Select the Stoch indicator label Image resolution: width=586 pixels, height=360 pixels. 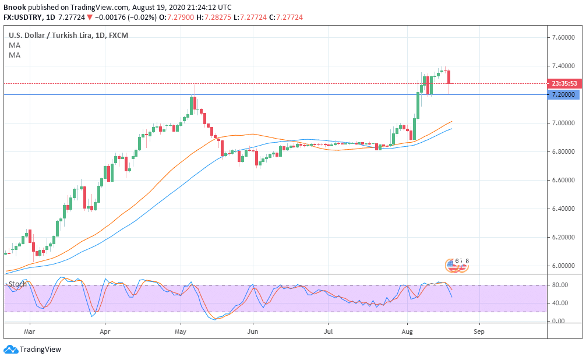[17, 284]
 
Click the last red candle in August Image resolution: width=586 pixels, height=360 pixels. [449, 76]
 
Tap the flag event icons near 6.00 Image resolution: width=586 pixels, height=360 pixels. [457, 266]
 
